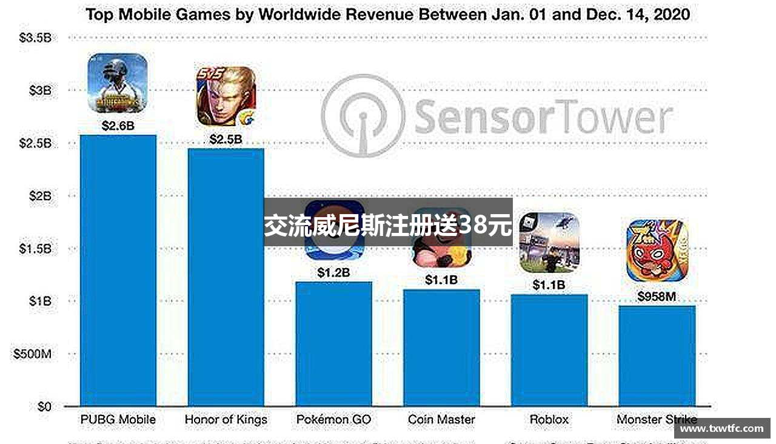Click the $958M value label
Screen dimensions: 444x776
pyautogui.click(x=657, y=297)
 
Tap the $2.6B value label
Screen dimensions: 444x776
pyautogui.click(x=118, y=126)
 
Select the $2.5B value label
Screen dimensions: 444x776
pyautogui.click(x=226, y=140)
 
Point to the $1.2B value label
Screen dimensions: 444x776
pyautogui.click(x=333, y=273)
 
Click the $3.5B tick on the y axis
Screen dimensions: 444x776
pyautogui.click(x=36, y=38)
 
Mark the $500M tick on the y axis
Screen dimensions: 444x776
pyautogui.click(x=32, y=354)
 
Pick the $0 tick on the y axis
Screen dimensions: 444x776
pyautogui.click(x=44, y=406)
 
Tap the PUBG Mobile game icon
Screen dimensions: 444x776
pyautogui.click(x=118, y=83)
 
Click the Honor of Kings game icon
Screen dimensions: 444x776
pyautogui.click(x=226, y=96)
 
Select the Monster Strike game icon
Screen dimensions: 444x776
pyautogui.click(x=657, y=251)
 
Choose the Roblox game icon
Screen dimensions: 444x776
pyautogui.click(x=549, y=243)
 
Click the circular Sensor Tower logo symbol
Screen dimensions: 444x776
pyautogui.click(x=363, y=116)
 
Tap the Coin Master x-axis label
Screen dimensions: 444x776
pyautogui.click(x=441, y=419)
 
